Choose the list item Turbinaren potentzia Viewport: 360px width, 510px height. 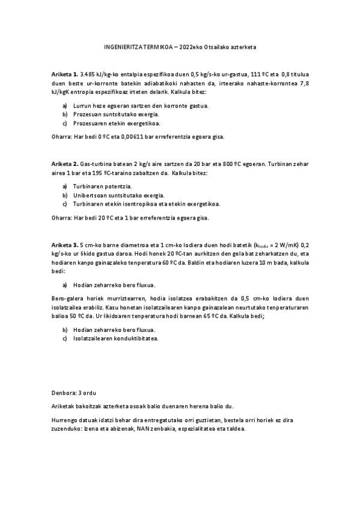coord(100,186)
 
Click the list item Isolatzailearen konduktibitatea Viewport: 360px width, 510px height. coord(115,339)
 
